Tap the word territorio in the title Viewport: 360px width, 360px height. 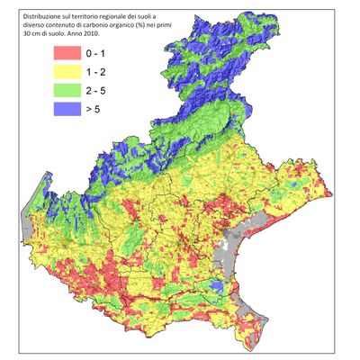(88, 15)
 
